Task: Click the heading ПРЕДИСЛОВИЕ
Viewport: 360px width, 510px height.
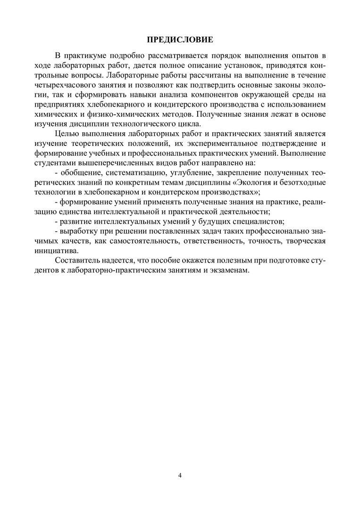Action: (180, 39)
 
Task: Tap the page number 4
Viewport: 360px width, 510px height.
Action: (180, 475)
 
